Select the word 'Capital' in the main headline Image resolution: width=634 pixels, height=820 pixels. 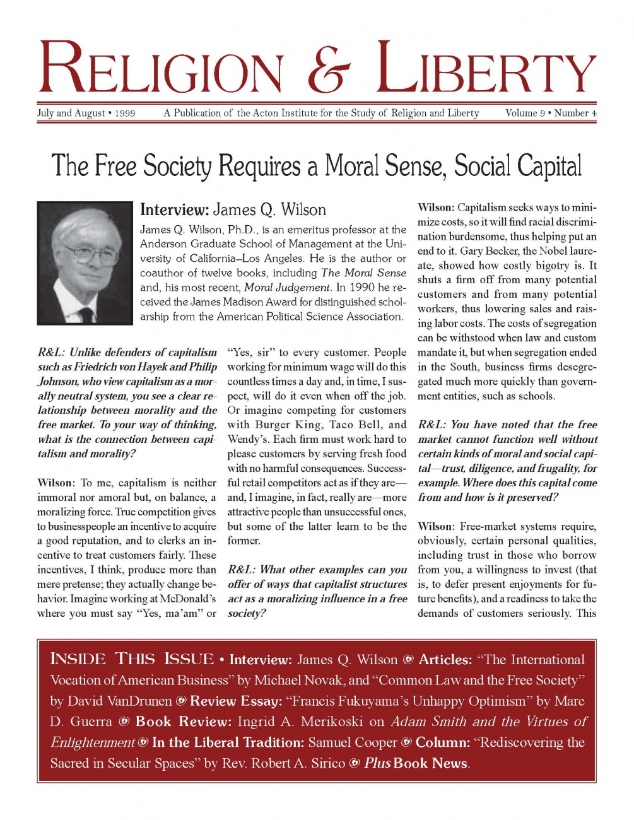point(549,166)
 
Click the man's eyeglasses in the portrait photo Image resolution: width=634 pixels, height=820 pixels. point(85,254)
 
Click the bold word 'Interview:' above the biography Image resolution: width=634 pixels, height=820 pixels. point(174,210)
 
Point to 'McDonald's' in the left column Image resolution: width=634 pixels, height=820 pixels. point(187,599)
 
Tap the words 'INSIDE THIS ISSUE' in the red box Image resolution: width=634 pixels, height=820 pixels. point(132,660)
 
